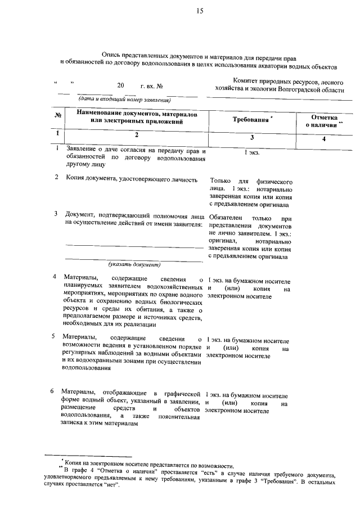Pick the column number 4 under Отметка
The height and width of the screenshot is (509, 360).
(324, 138)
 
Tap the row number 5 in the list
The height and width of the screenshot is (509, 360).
(53, 336)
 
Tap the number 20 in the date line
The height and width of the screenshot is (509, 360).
(120, 86)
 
